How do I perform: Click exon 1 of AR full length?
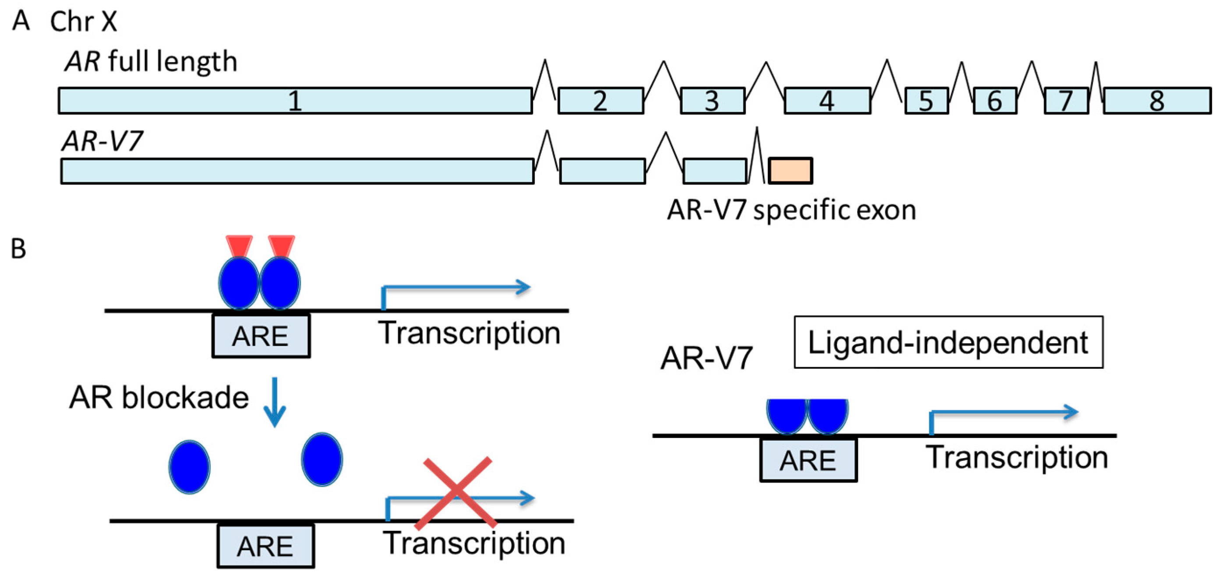pyautogui.click(x=295, y=101)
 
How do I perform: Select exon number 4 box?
pyautogui.click(x=827, y=101)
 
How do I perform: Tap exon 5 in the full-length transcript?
pyautogui.click(x=926, y=101)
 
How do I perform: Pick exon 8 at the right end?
pyautogui.click(x=1157, y=101)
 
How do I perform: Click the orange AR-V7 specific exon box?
pyautogui.click(x=790, y=171)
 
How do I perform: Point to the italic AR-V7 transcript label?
pyautogui.click(x=102, y=141)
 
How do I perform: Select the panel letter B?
pyautogui.click(x=18, y=248)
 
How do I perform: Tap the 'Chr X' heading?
pyautogui.click(x=83, y=22)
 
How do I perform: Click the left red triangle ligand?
pyautogui.click(x=239, y=246)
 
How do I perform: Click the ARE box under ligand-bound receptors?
pyautogui.click(x=261, y=336)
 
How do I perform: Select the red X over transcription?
pyautogui.click(x=456, y=493)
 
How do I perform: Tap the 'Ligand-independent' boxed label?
pyautogui.click(x=948, y=342)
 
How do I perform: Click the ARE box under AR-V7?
pyautogui.click(x=808, y=460)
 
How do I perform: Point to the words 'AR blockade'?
pyautogui.click(x=159, y=397)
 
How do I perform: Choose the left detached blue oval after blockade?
pyautogui.click(x=189, y=466)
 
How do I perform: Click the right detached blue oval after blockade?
pyautogui.click(x=321, y=459)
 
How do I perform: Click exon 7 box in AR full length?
pyautogui.click(x=1066, y=101)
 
